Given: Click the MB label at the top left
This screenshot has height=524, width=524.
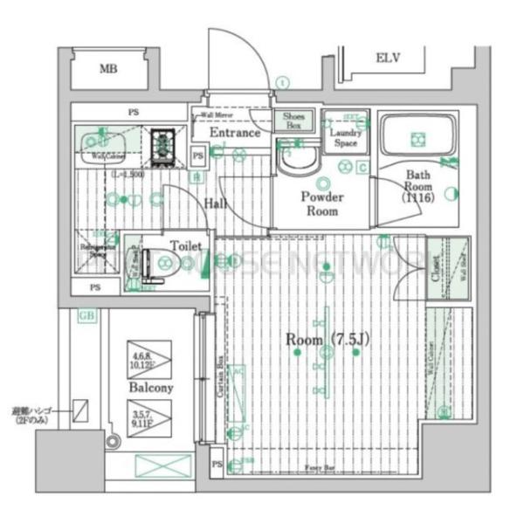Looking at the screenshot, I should click(x=108, y=69).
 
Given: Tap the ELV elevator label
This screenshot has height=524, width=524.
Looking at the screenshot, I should click(x=388, y=59).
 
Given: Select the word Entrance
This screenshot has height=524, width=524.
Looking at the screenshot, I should click(x=235, y=133).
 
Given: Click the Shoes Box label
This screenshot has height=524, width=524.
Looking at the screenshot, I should click(x=293, y=121).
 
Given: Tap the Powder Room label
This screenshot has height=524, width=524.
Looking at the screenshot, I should click(x=322, y=203).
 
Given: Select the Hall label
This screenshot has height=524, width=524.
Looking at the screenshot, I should click(x=217, y=203).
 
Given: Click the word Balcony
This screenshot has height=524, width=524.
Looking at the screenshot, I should click(x=151, y=386).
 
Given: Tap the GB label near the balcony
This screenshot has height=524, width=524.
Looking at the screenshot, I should click(x=87, y=317).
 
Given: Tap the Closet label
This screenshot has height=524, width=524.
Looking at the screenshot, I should click(x=435, y=272).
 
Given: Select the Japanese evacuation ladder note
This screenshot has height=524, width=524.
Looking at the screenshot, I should click(x=34, y=414).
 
